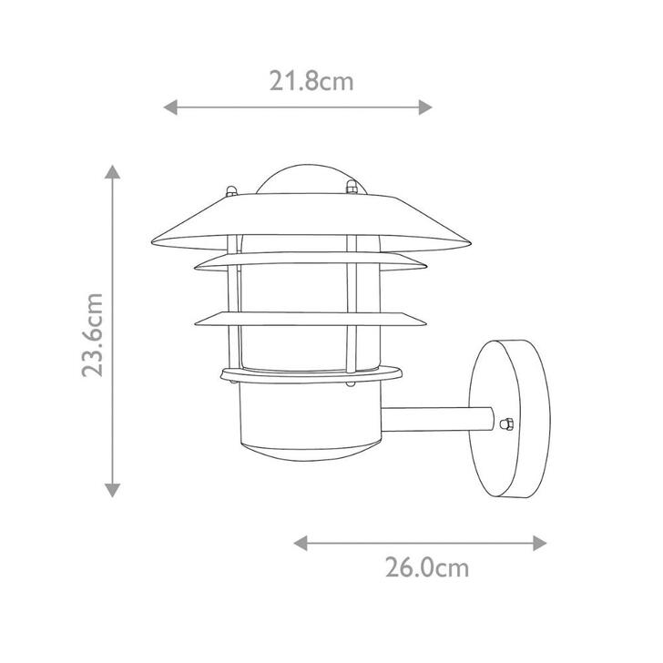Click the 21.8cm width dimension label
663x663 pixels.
[x=311, y=82]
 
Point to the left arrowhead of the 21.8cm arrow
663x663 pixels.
[x=169, y=107]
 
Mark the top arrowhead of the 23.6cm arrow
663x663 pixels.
[x=112, y=171]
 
